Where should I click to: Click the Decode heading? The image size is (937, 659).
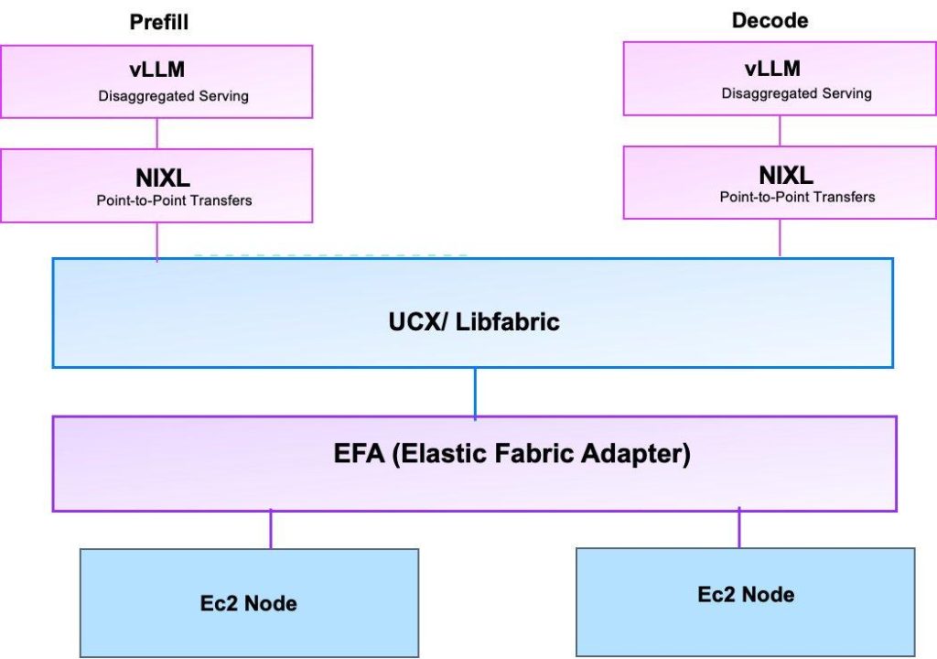[x=770, y=20]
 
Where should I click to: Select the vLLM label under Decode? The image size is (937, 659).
[x=772, y=69]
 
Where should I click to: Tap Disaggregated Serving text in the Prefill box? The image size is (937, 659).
[x=173, y=96]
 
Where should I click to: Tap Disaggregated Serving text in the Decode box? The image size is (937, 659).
[x=796, y=93]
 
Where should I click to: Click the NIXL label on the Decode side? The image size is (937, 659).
[x=786, y=175]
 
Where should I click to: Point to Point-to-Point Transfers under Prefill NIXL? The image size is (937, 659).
[x=174, y=200]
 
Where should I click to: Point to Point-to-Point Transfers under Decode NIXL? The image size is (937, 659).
[x=797, y=197]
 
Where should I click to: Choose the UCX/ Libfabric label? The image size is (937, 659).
[x=473, y=321]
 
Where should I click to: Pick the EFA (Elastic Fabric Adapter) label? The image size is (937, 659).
[x=512, y=454]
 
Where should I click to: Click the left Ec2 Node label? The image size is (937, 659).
[x=248, y=603]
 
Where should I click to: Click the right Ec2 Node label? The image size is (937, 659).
[x=746, y=594]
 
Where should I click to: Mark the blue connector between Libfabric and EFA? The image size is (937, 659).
[x=475, y=393]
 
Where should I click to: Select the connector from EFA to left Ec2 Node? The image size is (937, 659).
[x=271, y=530]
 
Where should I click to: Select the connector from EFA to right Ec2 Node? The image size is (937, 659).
[x=739, y=529]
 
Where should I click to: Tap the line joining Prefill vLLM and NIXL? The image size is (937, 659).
[x=157, y=134]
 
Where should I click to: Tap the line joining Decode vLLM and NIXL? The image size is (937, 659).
[x=780, y=131]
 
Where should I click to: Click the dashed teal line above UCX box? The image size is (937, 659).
[x=329, y=255]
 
